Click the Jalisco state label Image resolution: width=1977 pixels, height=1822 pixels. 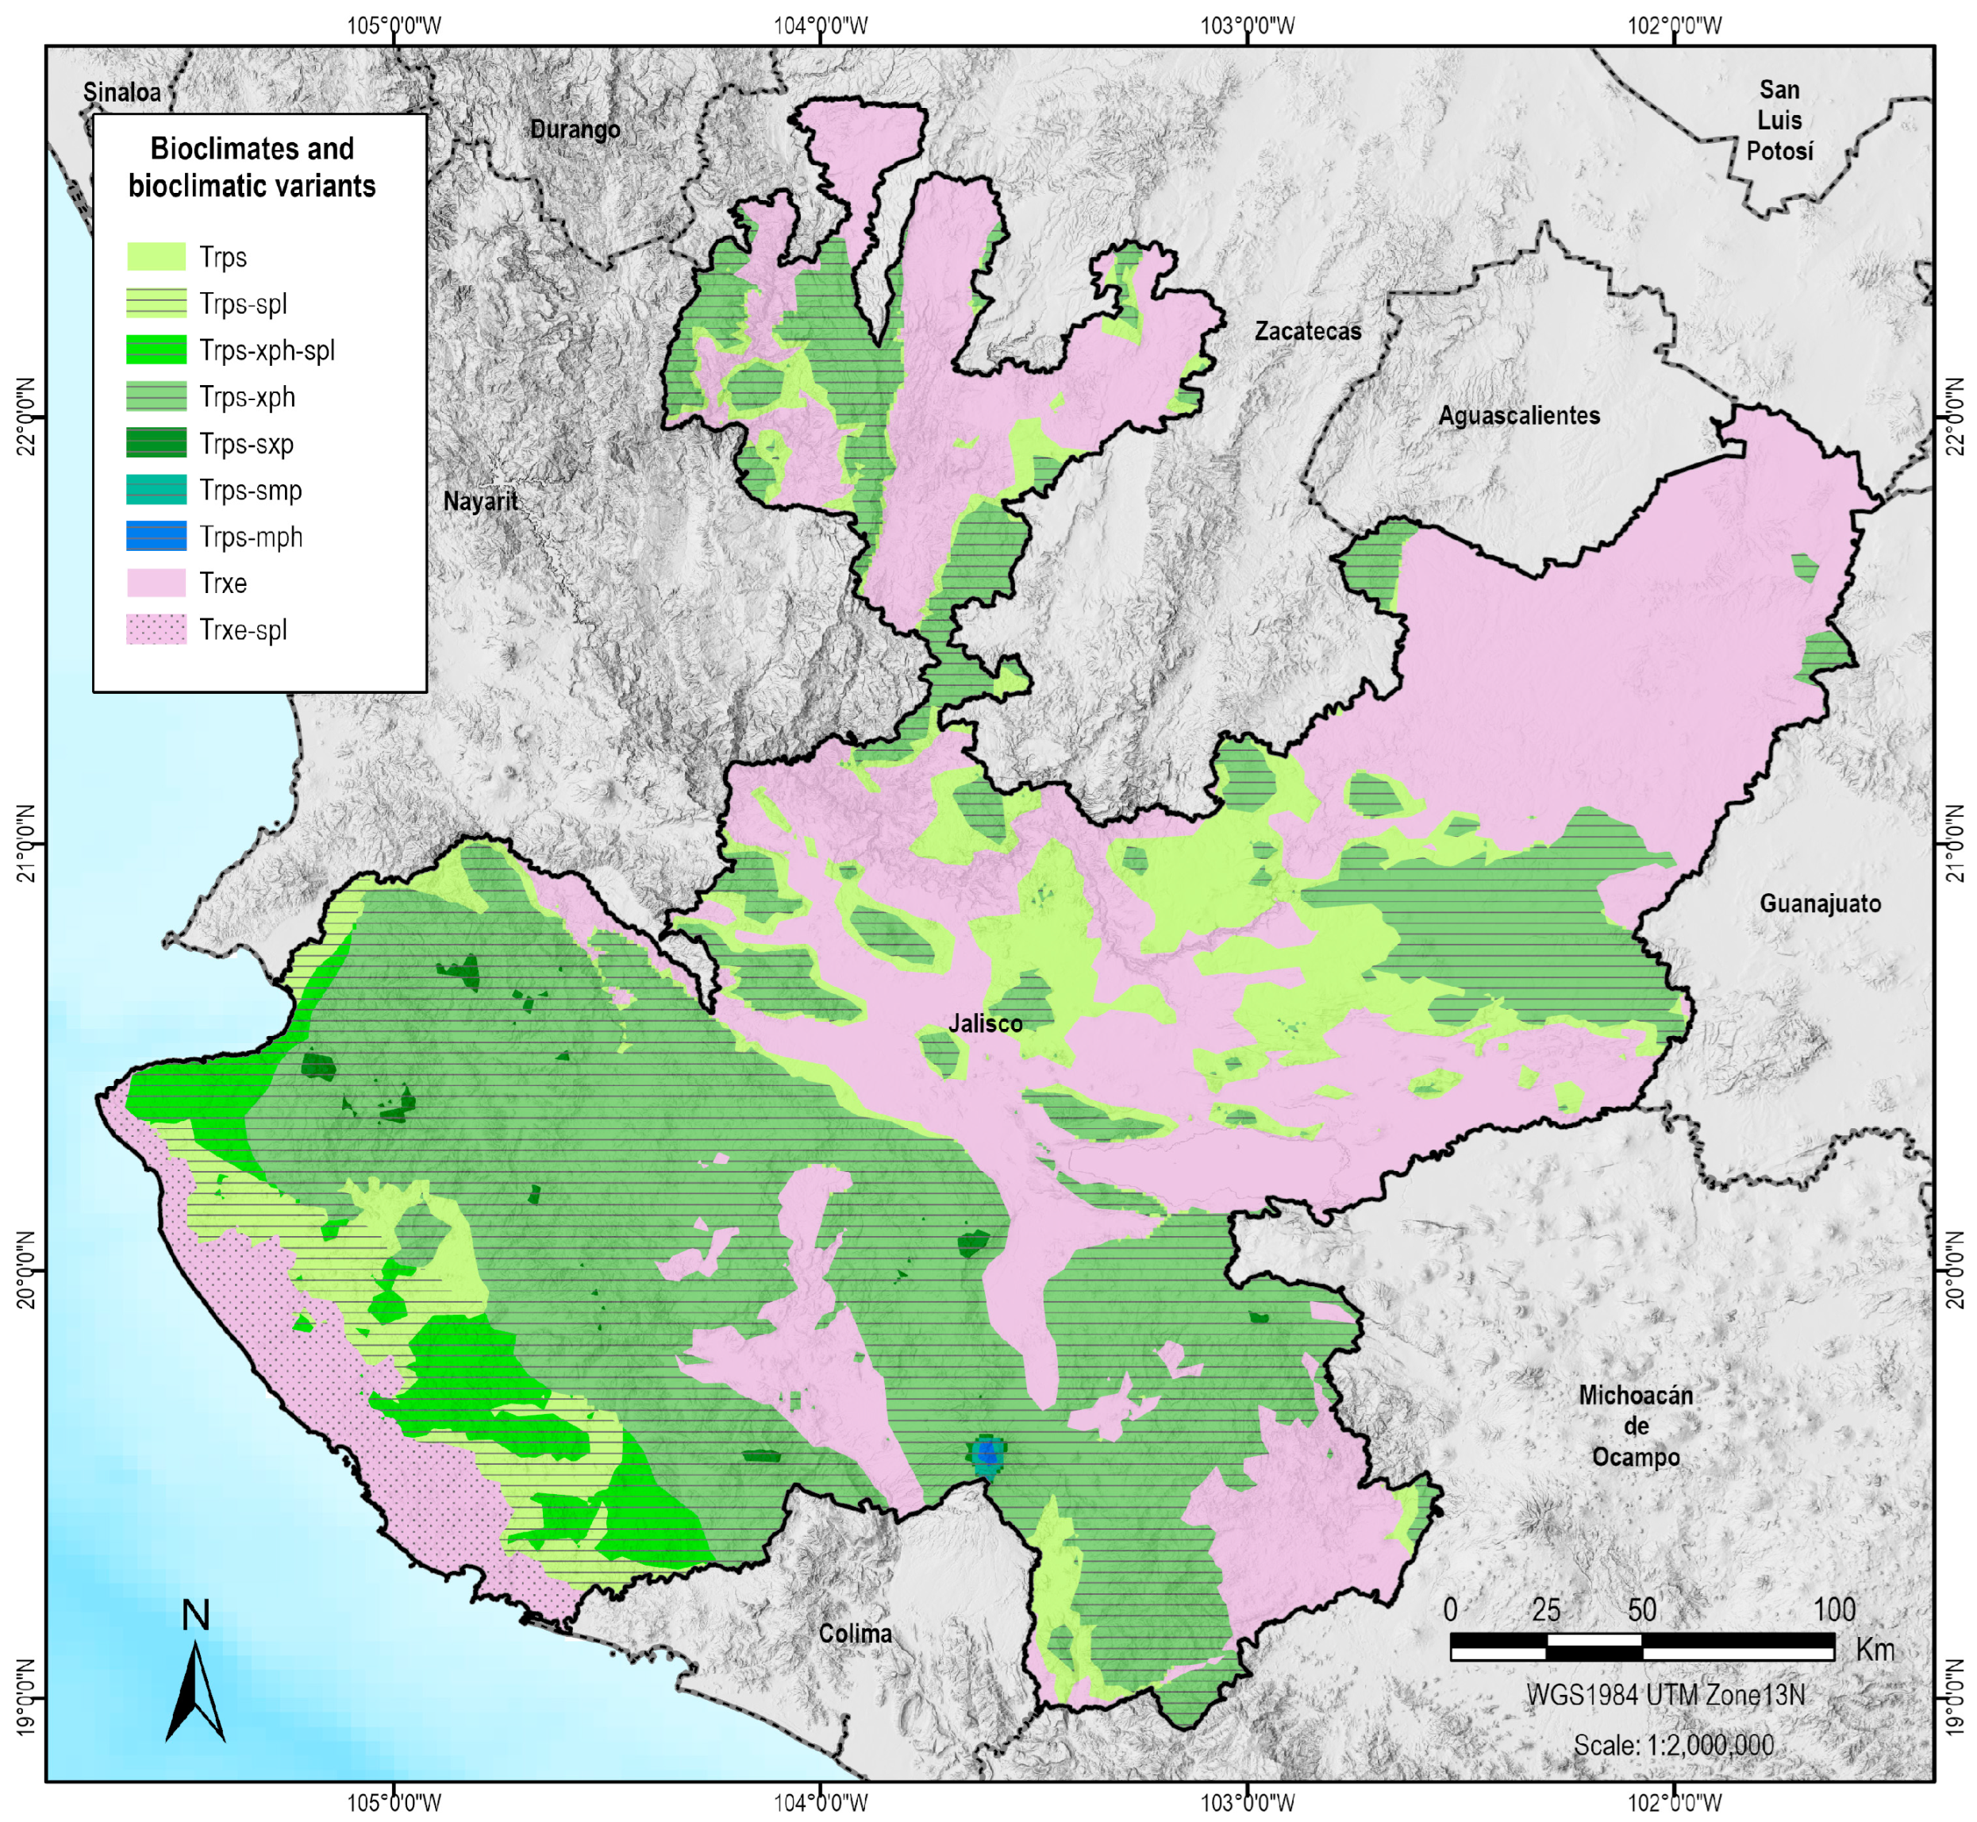pos(985,1023)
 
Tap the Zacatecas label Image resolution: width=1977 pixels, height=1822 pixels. pos(1307,331)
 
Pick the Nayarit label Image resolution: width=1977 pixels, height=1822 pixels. pos(480,501)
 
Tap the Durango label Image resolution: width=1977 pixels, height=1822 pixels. pos(575,129)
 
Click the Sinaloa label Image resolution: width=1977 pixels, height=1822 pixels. pos(121,91)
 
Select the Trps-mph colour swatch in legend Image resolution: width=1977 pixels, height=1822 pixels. pos(156,537)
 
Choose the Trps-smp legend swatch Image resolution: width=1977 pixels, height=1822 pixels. pos(156,490)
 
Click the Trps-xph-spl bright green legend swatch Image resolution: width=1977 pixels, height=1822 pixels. pos(156,350)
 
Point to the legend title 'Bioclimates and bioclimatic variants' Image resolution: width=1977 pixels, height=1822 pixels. pos(252,168)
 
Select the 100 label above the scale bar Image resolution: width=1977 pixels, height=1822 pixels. pos(1833,1610)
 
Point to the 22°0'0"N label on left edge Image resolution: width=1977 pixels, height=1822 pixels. pos(27,415)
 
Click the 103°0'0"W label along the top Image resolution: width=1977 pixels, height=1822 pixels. pos(1248,25)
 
